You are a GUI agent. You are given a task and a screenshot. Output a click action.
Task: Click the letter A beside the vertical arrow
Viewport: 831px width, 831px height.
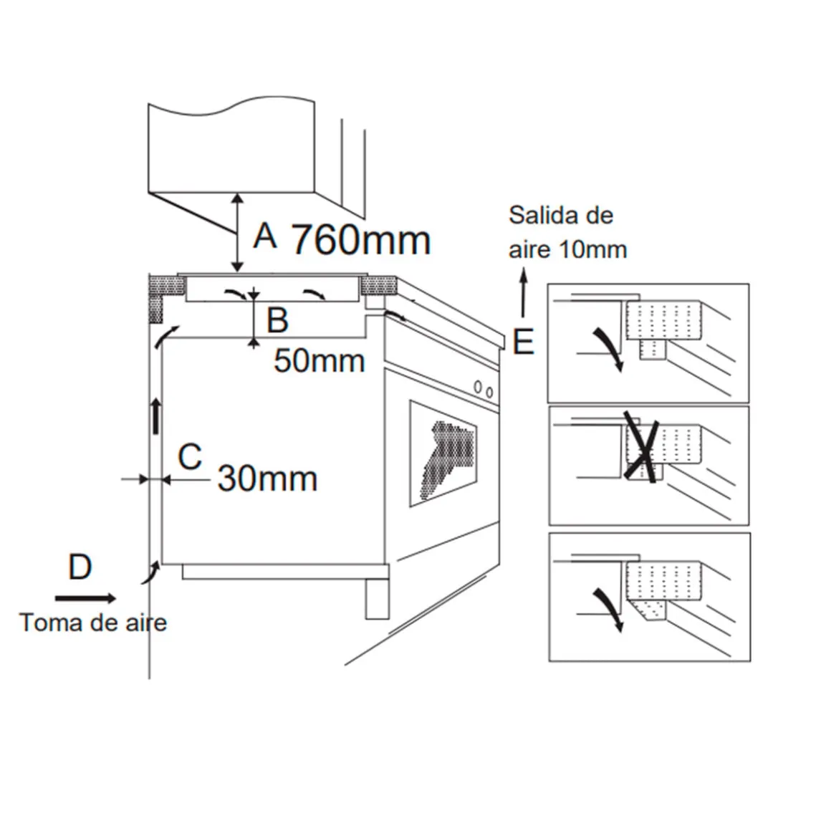point(265,236)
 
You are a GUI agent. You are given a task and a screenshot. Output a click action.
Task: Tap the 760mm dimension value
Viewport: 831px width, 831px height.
point(362,240)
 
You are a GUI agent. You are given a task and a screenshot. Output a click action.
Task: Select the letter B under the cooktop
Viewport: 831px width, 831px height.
point(277,320)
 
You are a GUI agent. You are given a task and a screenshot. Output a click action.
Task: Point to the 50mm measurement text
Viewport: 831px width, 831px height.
point(319,361)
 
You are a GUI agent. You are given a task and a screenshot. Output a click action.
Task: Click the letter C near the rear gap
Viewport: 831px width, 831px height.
point(191,457)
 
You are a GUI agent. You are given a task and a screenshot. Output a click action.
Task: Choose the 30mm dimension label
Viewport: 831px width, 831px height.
point(268,479)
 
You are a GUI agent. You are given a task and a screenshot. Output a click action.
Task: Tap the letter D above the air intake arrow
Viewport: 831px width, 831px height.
point(80,567)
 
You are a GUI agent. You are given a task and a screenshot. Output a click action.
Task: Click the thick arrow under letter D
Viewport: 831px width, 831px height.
point(85,598)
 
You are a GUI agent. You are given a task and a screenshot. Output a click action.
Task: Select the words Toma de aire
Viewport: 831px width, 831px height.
point(93,623)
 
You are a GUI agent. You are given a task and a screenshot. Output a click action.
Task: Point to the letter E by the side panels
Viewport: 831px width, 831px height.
point(523,341)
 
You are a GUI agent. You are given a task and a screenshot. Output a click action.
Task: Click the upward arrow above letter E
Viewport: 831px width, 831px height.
point(524,292)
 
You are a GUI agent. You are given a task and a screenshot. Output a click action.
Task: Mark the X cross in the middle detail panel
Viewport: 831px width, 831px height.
point(640,446)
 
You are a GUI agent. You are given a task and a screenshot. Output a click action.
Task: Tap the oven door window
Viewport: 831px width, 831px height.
point(443,453)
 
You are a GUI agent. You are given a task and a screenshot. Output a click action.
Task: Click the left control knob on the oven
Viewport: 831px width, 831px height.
point(478,388)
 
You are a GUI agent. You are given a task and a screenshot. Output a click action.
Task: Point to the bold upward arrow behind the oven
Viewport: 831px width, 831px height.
point(156,416)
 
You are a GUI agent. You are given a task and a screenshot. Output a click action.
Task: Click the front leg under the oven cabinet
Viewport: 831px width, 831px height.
point(377,597)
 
